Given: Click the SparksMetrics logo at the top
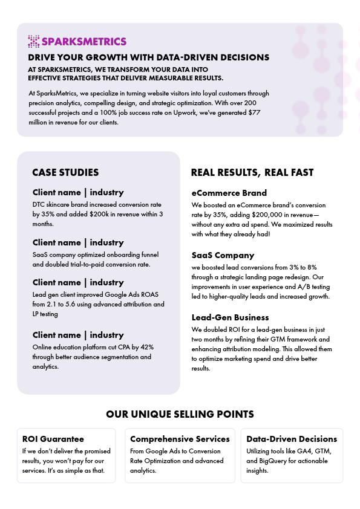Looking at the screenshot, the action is [x=77, y=41].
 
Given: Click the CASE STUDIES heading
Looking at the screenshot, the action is [x=65, y=173].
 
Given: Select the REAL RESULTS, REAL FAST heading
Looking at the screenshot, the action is [x=252, y=173].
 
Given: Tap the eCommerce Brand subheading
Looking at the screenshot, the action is [x=229, y=193].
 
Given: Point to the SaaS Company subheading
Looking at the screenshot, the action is [x=223, y=255].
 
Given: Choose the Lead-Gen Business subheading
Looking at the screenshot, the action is [x=230, y=317].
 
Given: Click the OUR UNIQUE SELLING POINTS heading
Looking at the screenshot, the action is [x=180, y=414].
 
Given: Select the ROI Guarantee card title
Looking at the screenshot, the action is [x=53, y=439].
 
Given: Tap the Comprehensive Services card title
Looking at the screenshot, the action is [x=180, y=439].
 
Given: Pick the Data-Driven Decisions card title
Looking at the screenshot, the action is [x=292, y=439].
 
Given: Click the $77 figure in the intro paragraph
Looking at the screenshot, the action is [x=255, y=112].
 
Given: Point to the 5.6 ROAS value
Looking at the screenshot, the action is [x=77, y=304].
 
